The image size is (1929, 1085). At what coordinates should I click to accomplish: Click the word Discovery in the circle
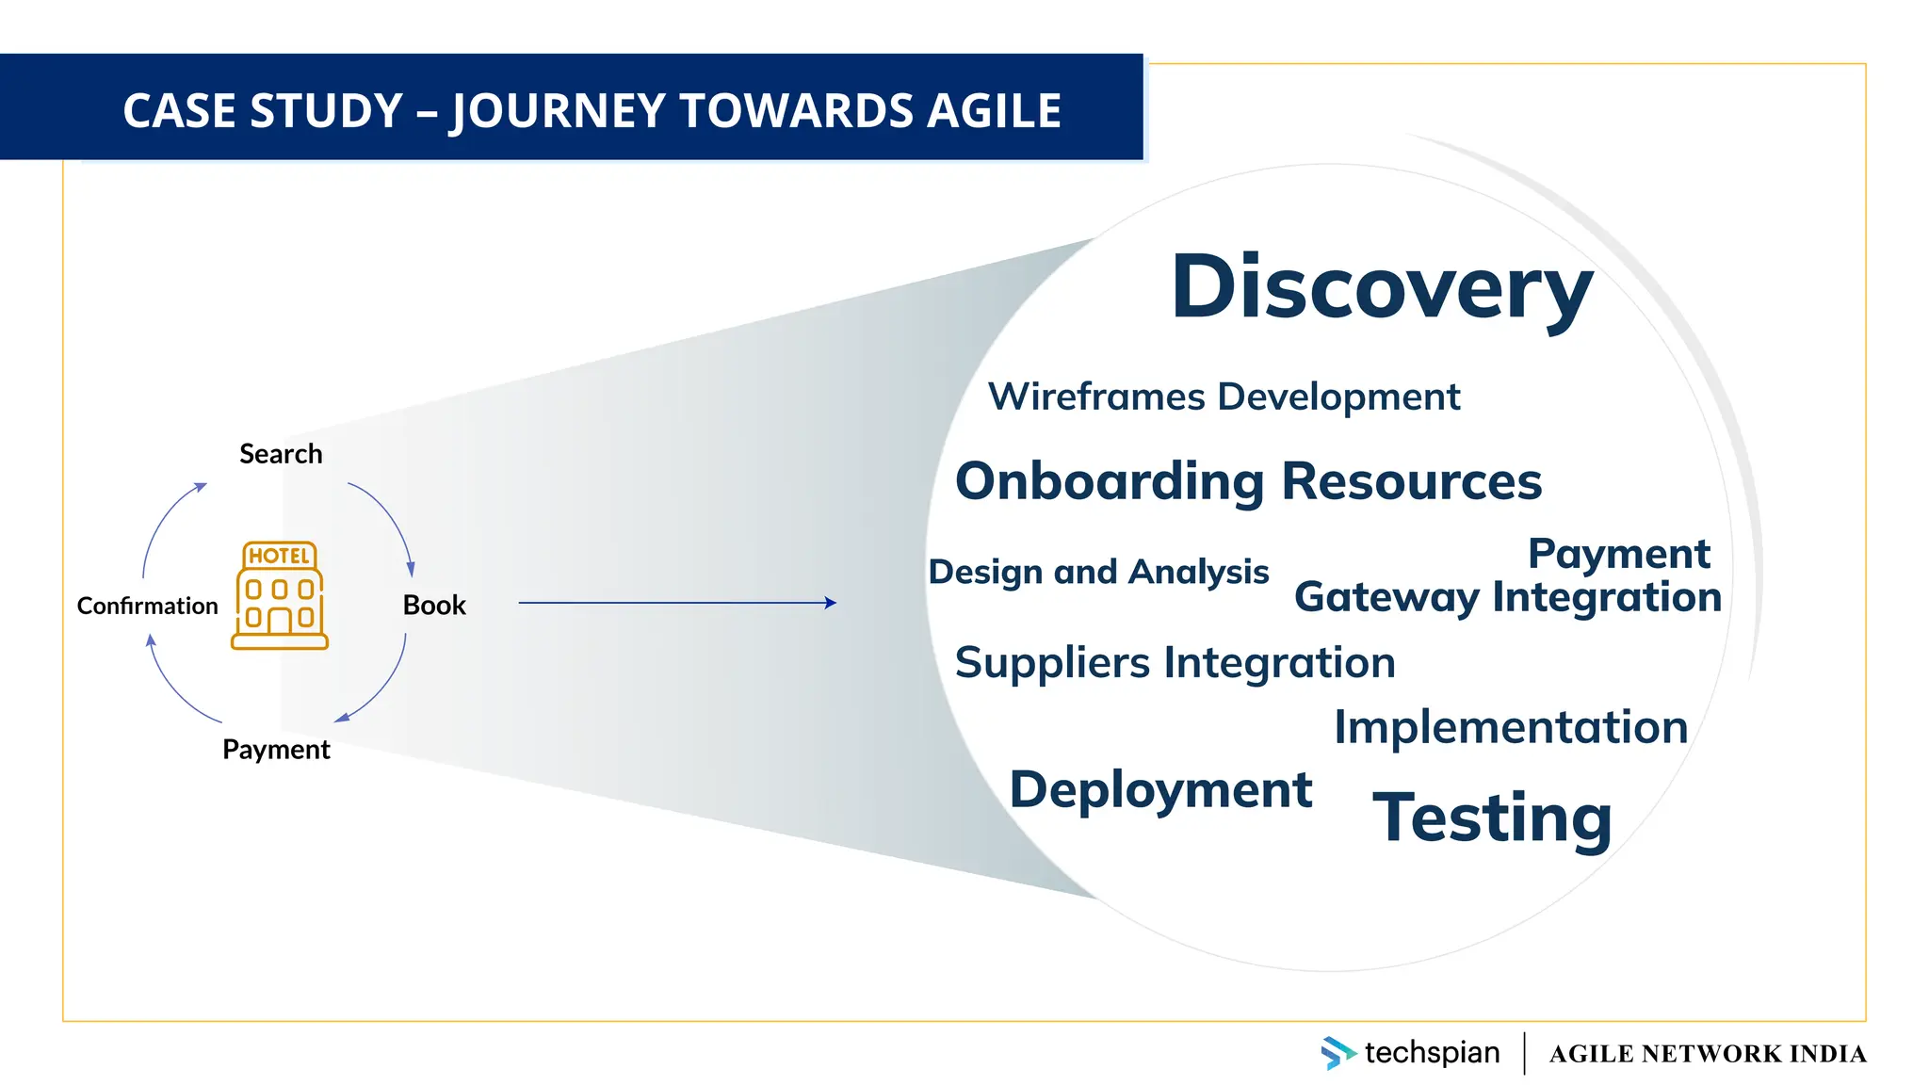click(x=1381, y=287)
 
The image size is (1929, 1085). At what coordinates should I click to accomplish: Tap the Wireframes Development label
click(x=1224, y=397)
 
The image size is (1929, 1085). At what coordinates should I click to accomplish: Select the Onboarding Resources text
click(x=1248, y=481)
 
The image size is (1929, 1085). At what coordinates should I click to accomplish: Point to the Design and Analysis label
click(x=1098, y=572)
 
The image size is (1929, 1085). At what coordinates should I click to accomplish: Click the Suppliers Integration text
click(x=1175, y=662)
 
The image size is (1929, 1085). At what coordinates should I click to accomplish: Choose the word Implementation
click(x=1511, y=727)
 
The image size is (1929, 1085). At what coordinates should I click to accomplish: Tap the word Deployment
click(x=1160, y=789)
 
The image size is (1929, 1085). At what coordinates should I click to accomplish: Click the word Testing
click(x=1493, y=817)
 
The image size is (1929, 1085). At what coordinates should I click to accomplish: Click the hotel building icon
click(x=280, y=595)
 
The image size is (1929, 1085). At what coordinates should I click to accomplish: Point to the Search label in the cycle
click(x=281, y=454)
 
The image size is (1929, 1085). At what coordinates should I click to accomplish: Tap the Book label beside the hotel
click(x=434, y=605)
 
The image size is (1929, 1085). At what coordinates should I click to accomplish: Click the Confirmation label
click(x=147, y=606)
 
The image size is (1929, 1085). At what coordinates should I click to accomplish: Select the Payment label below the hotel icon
click(x=276, y=750)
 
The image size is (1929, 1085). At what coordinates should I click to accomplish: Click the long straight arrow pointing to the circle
click(x=676, y=603)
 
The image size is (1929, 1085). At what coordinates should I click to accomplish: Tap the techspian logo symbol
click(x=1337, y=1052)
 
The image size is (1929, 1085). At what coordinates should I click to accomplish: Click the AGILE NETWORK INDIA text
click(x=1707, y=1053)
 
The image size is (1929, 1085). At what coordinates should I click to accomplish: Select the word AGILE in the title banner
click(x=994, y=110)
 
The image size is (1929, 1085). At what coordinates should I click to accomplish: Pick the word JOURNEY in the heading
click(x=559, y=110)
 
